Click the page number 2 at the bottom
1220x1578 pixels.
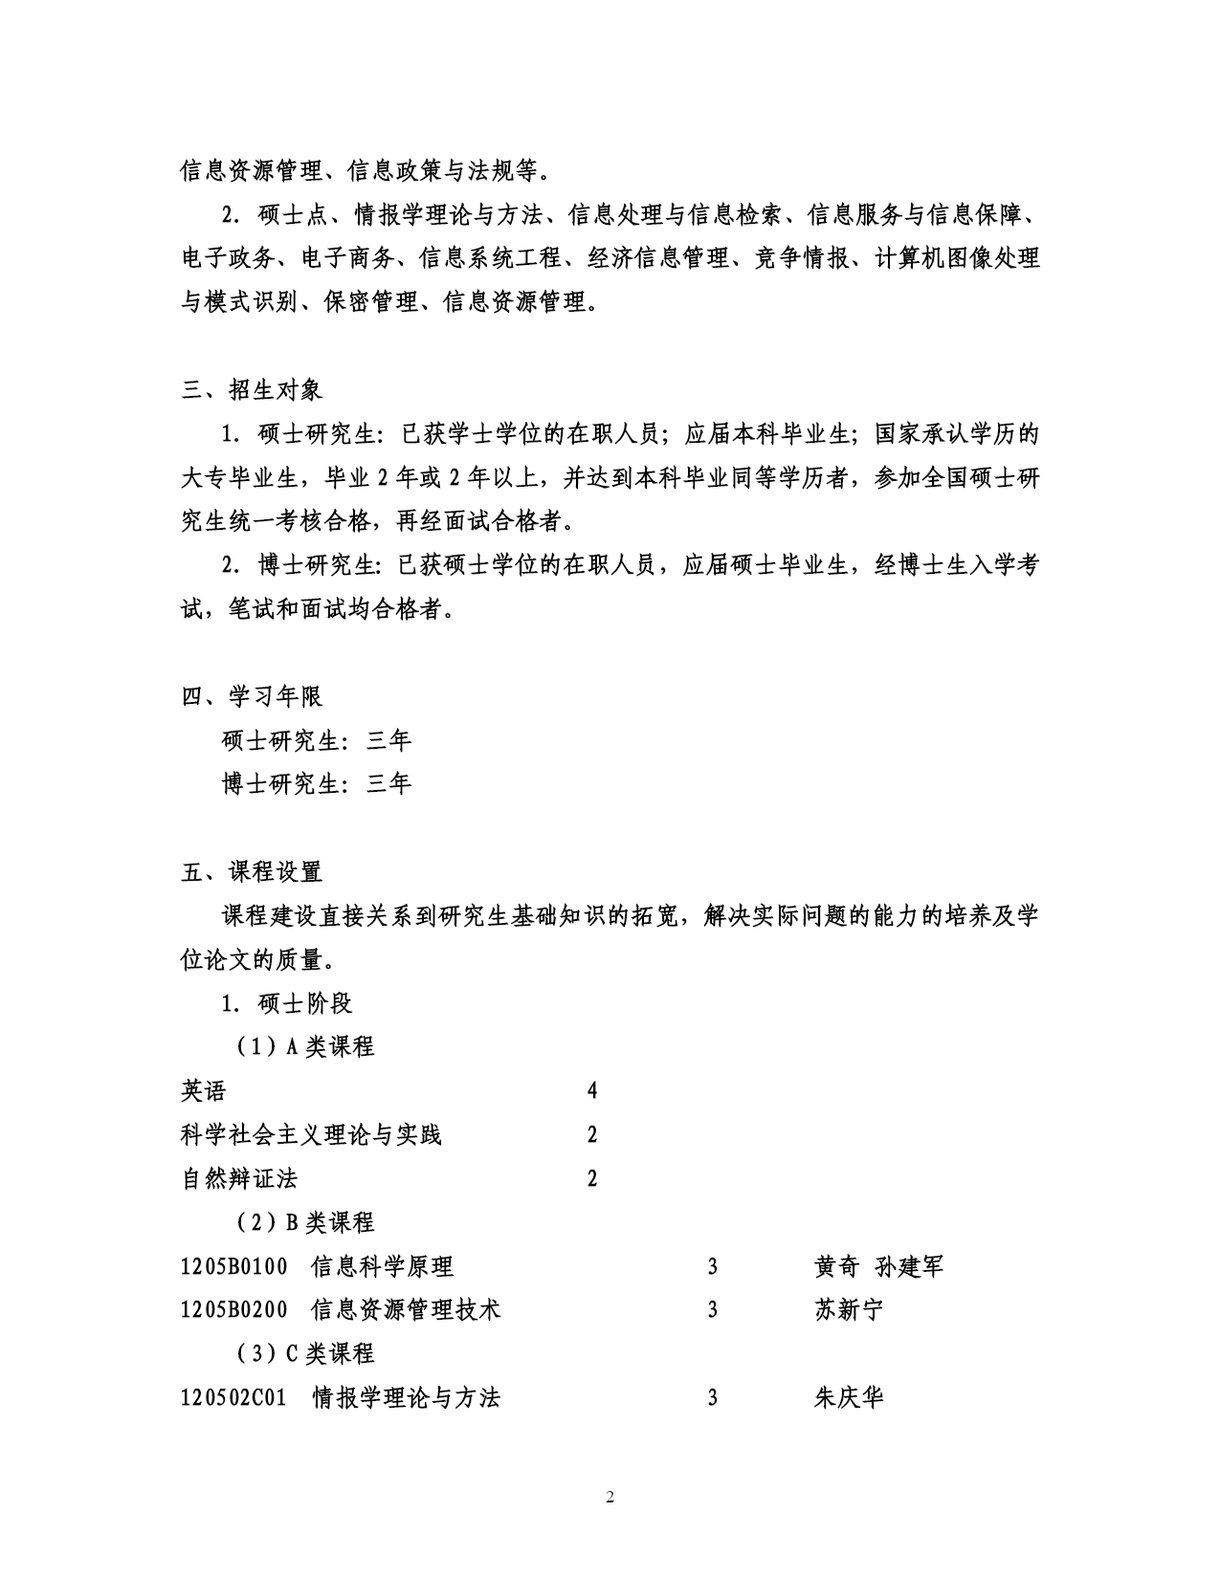[610, 1497]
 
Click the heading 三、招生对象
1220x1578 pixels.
[252, 390]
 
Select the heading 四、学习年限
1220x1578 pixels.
[252, 696]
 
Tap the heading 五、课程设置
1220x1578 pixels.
[252, 872]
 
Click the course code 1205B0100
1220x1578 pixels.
[234, 1267]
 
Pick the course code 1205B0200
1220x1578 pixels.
[234, 1310]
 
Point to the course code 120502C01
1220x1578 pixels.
[234, 1398]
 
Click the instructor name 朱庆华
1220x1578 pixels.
[848, 1398]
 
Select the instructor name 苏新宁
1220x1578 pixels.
[848, 1310]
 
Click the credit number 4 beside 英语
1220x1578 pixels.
[592, 1091]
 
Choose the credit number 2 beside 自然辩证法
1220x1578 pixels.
[592, 1178]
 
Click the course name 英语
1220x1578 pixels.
[204, 1091]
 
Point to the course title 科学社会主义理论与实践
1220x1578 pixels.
[311, 1135]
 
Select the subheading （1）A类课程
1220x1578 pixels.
[305, 1047]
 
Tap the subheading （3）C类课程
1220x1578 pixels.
[305, 1354]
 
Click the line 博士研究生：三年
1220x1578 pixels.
[316, 784]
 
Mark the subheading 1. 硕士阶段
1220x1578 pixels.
[287, 1003]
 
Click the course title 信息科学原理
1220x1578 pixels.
[383, 1267]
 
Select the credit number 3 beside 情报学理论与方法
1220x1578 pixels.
[713, 1398]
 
